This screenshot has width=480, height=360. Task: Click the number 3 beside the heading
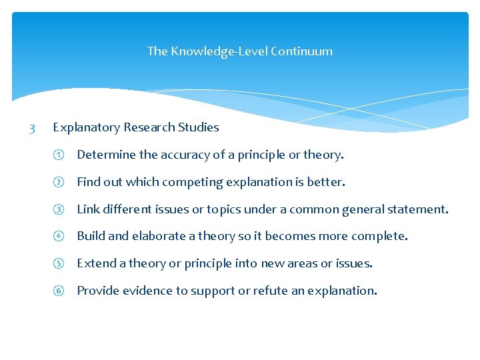32,127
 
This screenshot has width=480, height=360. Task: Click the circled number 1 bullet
58,155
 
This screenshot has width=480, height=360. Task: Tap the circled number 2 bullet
58,183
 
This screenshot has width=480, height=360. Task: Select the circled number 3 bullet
58,210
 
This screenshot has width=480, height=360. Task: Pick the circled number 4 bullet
58,237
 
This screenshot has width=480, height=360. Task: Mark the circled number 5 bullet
58,264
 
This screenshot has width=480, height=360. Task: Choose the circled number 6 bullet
58,291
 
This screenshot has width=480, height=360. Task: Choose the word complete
380,237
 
